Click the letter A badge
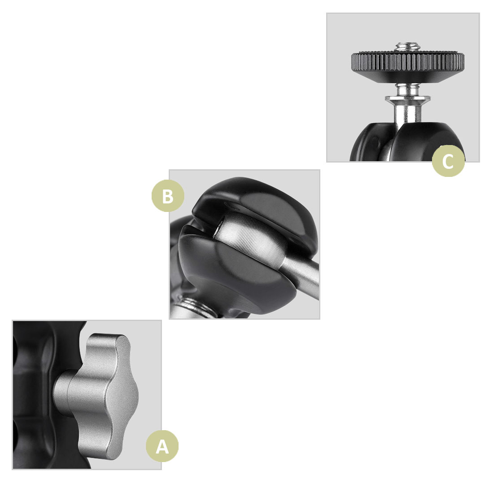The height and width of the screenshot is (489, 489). [162, 446]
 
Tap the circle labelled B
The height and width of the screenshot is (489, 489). [168, 196]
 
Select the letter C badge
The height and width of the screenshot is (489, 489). [448, 161]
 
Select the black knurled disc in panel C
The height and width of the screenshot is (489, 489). [408, 66]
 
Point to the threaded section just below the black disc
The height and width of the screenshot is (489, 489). [407, 89]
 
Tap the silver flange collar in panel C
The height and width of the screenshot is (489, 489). [407, 100]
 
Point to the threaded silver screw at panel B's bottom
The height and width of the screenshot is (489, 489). [195, 309]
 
